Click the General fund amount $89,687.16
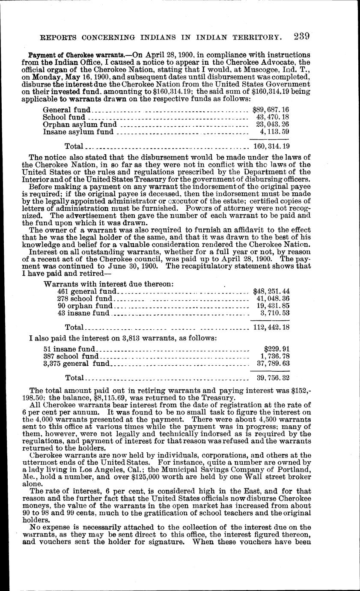tap(271, 110)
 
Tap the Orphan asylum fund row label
tap(80, 125)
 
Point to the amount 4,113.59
tap(274, 132)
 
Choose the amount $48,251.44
tap(271, 291)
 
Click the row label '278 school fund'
tap(85, 298)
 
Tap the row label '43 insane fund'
tap(83, 313)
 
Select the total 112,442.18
tap(271, 328)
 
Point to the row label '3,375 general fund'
tap(77, 364)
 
